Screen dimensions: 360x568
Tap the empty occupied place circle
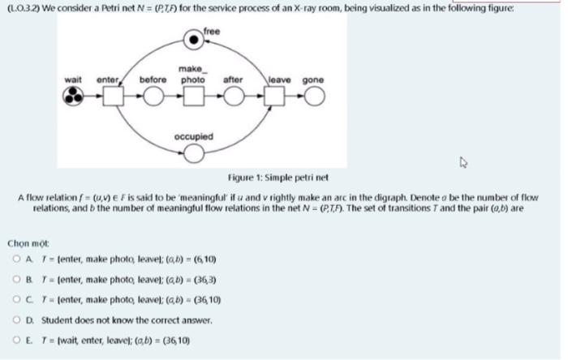pyautogui.click(x=192, y=155)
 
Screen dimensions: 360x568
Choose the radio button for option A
pyautogui.click(x=17, y=259)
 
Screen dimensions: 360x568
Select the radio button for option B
pyautogui.click(x=17, y=279)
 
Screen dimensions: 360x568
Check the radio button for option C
pyautogui.click(x=17, y=298)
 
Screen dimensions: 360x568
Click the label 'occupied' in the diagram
pyautogui.click(x=192, y=137)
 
